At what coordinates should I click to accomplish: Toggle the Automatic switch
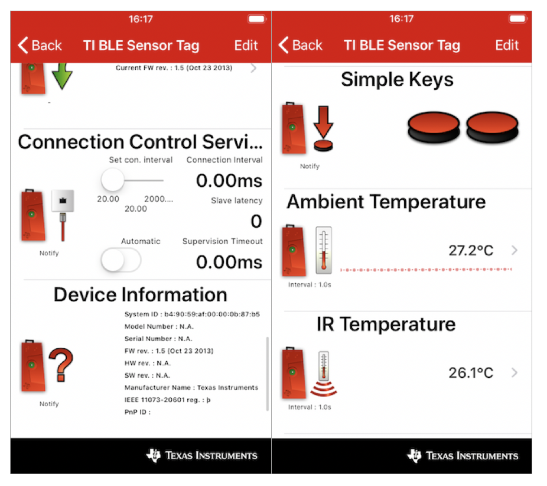pyautogui.click(x=121, y=260)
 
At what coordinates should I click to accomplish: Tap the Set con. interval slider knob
pyautogui.click(x=112, y=179)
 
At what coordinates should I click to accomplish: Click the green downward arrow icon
pyautogui.click(x=61, y=77)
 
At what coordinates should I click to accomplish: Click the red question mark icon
pyautogui.click(x=61, y=365)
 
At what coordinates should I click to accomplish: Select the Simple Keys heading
pyautogui.click(x=397, y=79)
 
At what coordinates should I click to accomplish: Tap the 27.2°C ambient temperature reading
pyautogui.click(x=470, y=251)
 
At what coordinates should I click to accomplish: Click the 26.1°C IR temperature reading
pyautogui.click(x=470, y=373)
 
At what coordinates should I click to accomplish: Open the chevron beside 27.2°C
pyautogui.click(x=515, y=251)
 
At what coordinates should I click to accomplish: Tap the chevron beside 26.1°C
pyautogui.click(x=515, y=373)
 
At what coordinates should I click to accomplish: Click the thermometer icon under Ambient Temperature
pyautogui.click(x=323, y=250)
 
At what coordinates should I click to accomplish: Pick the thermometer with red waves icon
pyautogui.click(x=323, y=373)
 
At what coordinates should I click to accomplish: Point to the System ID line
pyautogui.click(x=192, y=314)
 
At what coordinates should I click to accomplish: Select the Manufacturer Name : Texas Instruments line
pyautogui.click(x=191, y=388)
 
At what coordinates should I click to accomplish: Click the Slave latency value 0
pyautogui.click(x=256, y=221)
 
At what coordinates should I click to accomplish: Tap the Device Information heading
pyautogui.click(x=141, y=294)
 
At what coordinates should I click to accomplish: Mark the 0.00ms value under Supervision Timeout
pyautogui.click(x=229, y=262)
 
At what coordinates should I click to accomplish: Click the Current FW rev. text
pyautogui.click(x=174, y=67)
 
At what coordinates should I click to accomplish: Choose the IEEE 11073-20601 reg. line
pyautogui.click(x=168, y=400)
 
